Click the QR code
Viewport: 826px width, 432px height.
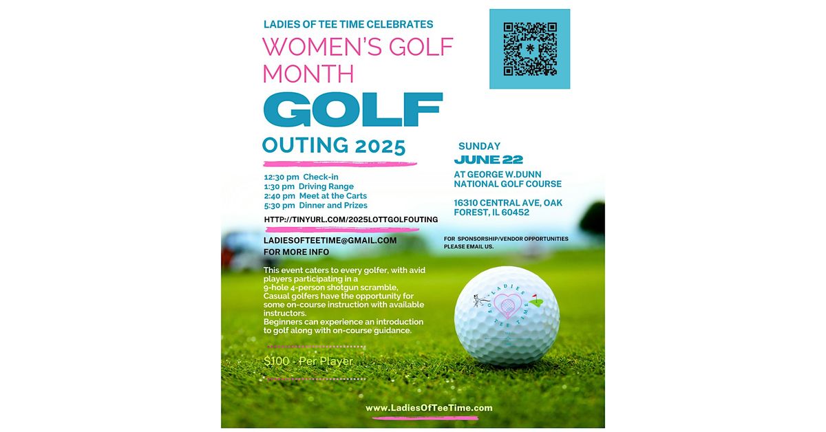pyautogui.click(x=529, y=49)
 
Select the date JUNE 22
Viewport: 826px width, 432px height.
pyautogui.click(x=488, y=160)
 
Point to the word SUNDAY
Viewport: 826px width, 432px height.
pyautogui.click(x=479, y=146)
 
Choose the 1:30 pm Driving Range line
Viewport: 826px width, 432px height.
pyautogui.click(x=308, y=186)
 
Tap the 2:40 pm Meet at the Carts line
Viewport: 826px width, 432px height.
pyautogui.click(x=315, y=196)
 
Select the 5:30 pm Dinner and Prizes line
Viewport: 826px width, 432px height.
pyautogui.click(x=315, y=205)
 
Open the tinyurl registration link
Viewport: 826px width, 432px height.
pyautogui.click(x=351, y=219)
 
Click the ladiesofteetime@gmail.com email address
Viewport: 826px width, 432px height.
pyautogui.click(x=330, y=240)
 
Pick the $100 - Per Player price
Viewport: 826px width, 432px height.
pyautogui.click(x=308, y=361)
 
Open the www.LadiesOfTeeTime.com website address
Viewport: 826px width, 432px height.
pyautogui.click(x=429, y=408)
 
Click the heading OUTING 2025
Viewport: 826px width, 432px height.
pyautogui.click(x=334, y=146)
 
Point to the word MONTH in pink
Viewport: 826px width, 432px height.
pyautogui.click(x=308, y=74)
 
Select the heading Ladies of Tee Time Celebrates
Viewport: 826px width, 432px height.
pyautogui.click(x=348, y=24)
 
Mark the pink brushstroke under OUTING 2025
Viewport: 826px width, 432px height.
pyautogui.click(x=340, y=164)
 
